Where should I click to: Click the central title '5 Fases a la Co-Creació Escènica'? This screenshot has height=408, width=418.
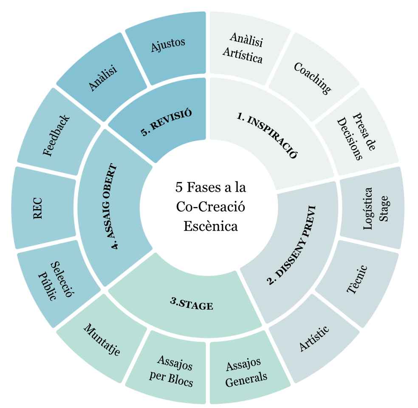click(211, 207)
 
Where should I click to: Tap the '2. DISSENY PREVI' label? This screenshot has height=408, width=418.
click(291, 245)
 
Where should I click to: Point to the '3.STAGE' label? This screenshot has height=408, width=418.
click(192, 304)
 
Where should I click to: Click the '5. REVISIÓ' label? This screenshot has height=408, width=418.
click(166, 122)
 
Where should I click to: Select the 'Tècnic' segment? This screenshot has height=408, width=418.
click(357, 279)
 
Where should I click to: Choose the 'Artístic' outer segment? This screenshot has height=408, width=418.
click(314, 338)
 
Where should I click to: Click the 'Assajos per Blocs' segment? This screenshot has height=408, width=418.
click(171, 371)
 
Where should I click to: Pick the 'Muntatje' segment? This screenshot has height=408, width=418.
click(102, 339)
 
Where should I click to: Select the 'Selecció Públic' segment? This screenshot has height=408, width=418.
click(56, 281)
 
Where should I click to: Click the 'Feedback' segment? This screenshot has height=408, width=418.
click(56, 135)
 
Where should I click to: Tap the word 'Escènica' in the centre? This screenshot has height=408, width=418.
click(211, 226)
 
